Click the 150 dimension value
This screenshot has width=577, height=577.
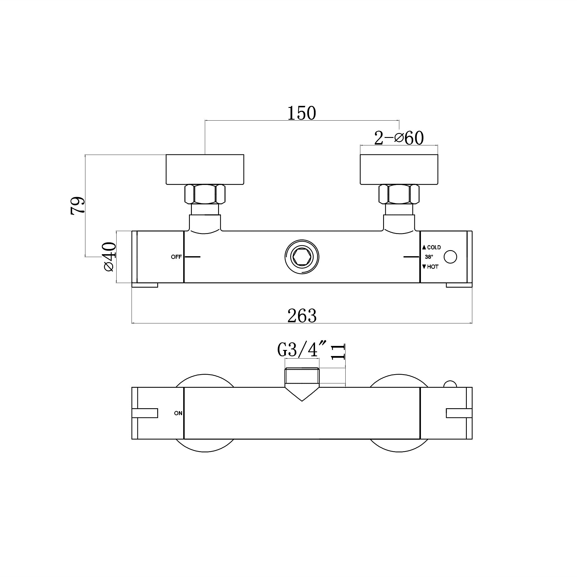pyautogui.click(x=302, y=113)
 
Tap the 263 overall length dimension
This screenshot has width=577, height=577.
pyautogui.click(x=302, y=316)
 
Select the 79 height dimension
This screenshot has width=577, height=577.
pyautogui.click(x=78, y=206)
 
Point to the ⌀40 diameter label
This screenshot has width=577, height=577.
pyautogui.click(x=110, y=257)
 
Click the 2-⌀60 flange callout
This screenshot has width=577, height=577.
pyautogui.click(x=399, y=138)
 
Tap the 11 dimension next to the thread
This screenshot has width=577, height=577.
pyautogui.click(x=338, y=351)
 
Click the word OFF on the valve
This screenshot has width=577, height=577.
pyautogui.click(x=176, y=257)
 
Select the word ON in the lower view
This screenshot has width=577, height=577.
pyautogui.click(x=178, y=413)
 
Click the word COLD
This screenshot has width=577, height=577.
pyautogui.click(x=434, y=247)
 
